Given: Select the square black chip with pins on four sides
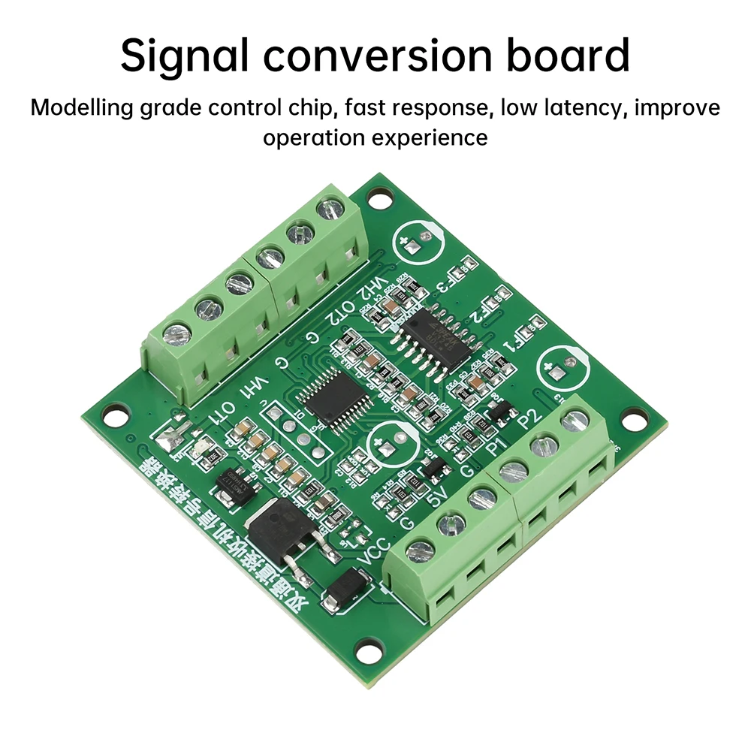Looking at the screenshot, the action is (x=334, y=396).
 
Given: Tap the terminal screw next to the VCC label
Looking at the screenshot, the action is (x=420, y=550).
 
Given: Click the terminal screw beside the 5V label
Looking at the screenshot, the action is (x=481, y=497).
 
